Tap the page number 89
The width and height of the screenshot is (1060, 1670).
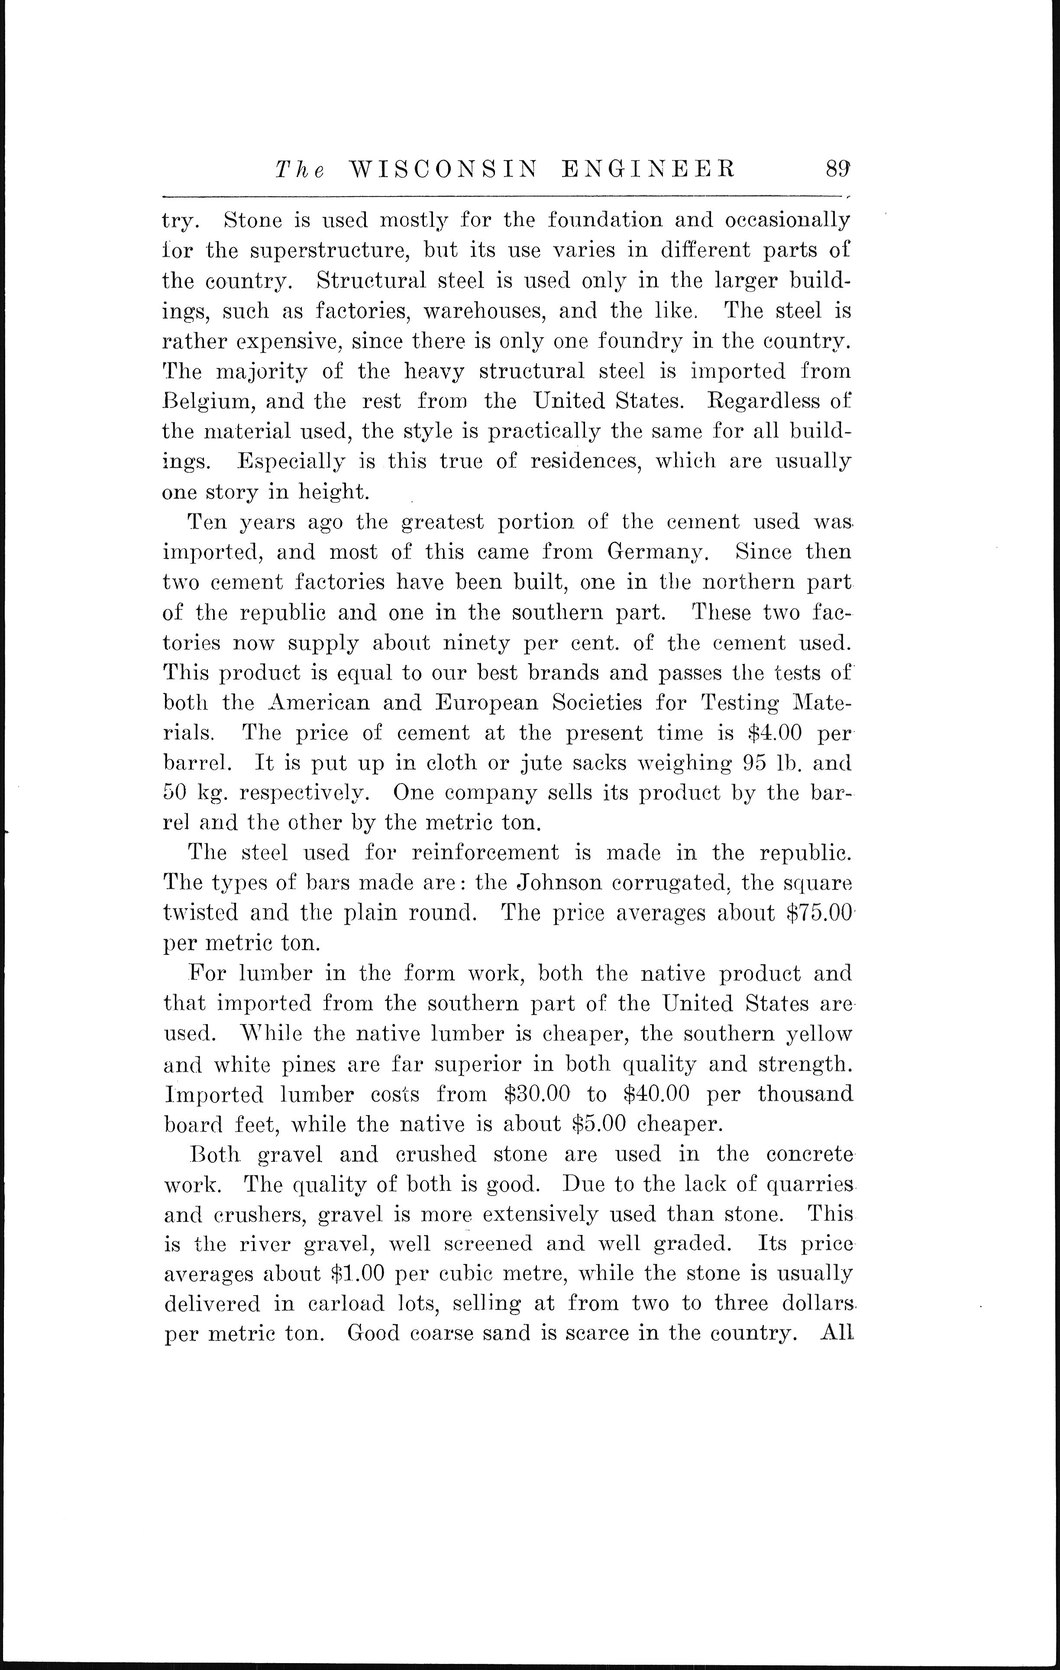coord(838,168)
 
